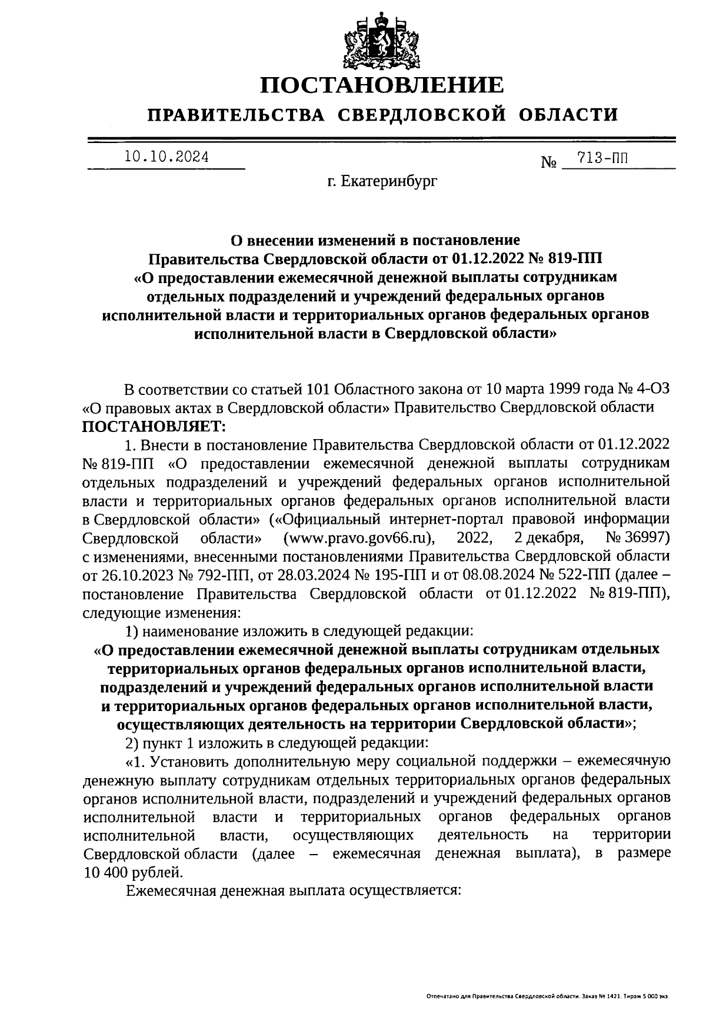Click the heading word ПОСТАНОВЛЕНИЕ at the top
(382, 85)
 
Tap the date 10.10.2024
(166, 157)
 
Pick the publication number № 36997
(638, 537)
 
